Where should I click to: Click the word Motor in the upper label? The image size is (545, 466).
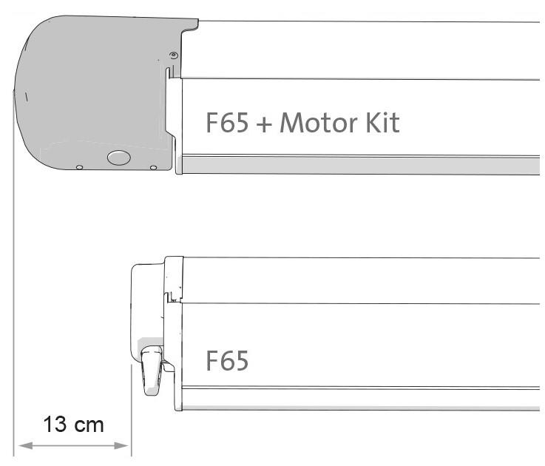tap(319, 122)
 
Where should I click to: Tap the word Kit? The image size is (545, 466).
tap(382, 122)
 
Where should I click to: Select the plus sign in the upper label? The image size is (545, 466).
tap(264, 124)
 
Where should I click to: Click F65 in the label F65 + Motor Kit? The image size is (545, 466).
tap(227, 122)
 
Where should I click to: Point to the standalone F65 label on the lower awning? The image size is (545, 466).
tap(227, 361)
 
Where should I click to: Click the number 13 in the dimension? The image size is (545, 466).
tap(55, 425)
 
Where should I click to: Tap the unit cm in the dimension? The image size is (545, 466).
tap(89, 426)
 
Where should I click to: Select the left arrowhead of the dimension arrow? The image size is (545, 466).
tap(25, 445)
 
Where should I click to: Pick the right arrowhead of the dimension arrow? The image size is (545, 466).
tap(121, 445)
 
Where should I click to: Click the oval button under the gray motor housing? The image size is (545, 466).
tap(119, 158)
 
